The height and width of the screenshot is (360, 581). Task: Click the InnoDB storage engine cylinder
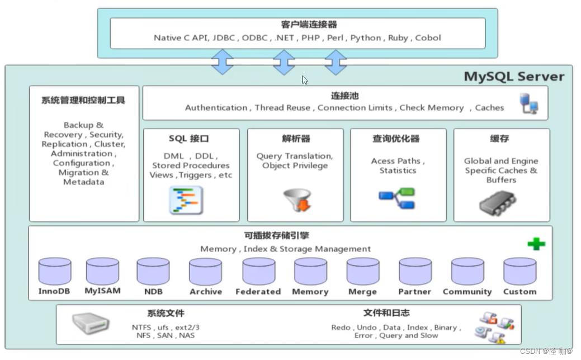pos(55,271)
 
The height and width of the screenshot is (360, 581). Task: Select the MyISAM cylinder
pos(102,271)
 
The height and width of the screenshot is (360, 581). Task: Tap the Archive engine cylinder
pos(205,271)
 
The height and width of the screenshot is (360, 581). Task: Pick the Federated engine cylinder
pos(258,271)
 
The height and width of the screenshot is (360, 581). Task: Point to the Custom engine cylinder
pos(519,271)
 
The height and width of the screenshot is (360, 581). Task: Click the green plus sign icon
pos(536,244)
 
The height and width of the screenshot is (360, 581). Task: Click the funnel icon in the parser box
pos(297,200)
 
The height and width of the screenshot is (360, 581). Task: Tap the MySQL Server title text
pos(514,77)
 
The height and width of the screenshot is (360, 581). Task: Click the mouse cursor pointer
pos(305,80)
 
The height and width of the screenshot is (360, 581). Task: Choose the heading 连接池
pos(344,96)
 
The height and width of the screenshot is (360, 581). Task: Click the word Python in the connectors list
pos(366,38)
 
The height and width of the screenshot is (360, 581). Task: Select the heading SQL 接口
pos(188,139)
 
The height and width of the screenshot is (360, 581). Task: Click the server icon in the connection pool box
pos(529,104)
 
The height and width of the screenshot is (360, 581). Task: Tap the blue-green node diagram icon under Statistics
pos(396,198)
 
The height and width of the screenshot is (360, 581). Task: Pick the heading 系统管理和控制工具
pos(83,101)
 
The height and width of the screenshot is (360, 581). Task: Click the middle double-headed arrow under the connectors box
pos(284,61)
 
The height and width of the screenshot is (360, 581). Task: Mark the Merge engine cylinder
pos(362,271)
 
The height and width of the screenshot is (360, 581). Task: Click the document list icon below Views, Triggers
pos(186,200)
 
